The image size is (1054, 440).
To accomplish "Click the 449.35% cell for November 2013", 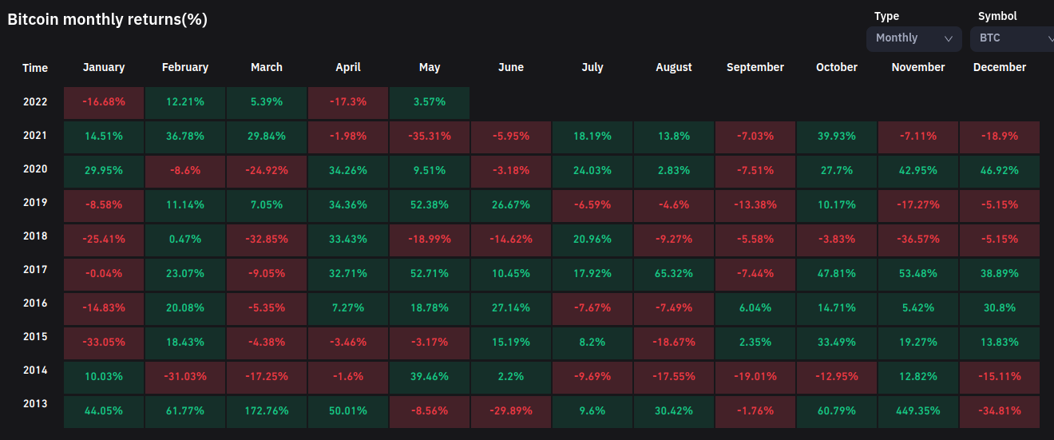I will point(918,411).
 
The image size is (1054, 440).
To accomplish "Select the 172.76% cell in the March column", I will point(267,411).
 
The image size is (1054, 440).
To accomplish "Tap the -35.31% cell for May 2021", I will point(430,137).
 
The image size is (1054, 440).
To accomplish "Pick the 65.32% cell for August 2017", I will point(674,274).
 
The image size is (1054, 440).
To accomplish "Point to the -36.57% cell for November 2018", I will point(918,240).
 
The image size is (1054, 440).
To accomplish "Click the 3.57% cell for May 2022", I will point(430,103).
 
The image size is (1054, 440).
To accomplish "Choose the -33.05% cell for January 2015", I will point(104,343).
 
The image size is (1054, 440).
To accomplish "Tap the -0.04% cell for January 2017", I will point(104,274).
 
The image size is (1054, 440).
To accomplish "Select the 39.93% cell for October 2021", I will point(837,137).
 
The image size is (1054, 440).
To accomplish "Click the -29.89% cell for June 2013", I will point(511,411).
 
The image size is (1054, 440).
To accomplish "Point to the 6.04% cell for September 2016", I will point(755,308).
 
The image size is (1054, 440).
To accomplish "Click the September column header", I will point(755,68).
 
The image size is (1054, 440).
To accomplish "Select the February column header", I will point(185,68).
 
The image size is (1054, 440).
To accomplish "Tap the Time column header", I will point(35,68).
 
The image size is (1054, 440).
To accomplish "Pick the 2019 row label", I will point(35,203).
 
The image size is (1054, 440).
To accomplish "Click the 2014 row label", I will point(35,371).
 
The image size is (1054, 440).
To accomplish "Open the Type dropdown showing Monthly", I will point(914,38).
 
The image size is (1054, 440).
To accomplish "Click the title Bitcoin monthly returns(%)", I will point(108,20).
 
